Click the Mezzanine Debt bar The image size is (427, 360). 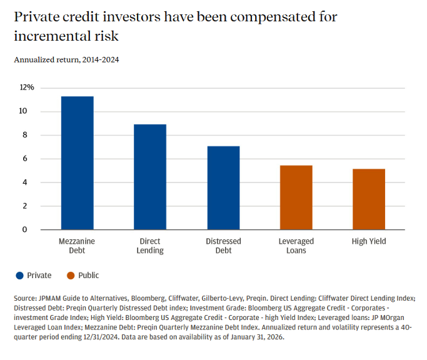click(x=77, y=163)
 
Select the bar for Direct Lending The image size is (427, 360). click(x=150, y=177)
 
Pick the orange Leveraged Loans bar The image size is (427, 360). click(x=296, y=197)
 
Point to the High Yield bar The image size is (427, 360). click(x=369, y=199)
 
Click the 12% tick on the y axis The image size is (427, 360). click(x=27, y=87)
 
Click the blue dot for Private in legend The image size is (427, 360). click(x=19, y=276)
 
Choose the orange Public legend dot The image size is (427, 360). click(x=71, y=276)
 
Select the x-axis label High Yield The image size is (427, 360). click(x=369, y=241)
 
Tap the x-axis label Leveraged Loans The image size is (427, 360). click(x=296, y=246)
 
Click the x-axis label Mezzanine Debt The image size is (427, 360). click(x=77, y=246)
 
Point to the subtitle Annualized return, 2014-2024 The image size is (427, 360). click(x=66, y=60)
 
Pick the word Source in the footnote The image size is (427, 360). click(x=25, y=299)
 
